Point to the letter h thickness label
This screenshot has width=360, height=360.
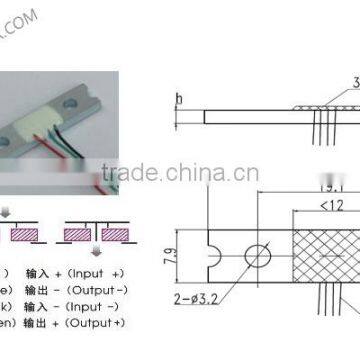177,97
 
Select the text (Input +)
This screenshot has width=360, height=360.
103,271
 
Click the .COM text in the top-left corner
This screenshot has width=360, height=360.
23,14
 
